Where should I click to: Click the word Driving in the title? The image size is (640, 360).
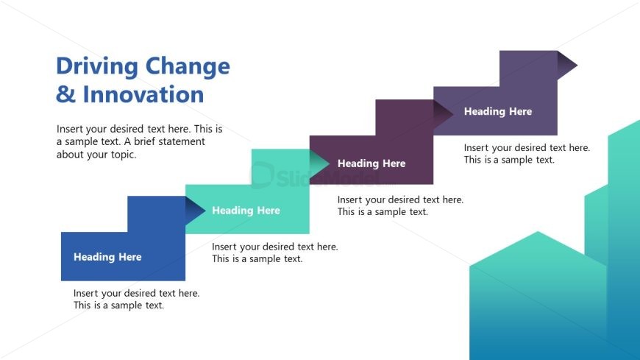[97, 67]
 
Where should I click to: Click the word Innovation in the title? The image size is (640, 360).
[143, 94]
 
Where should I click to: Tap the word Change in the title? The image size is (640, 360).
[188, 67]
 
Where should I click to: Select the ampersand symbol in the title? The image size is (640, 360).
[65, 94]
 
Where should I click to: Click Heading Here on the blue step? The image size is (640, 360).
[107, 257]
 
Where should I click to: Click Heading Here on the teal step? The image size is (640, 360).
[246, 211]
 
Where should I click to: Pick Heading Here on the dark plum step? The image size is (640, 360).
[371, 163]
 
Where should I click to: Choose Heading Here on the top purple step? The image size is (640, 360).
[497, 112]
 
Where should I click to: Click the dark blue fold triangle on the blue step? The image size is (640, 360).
[194, 211]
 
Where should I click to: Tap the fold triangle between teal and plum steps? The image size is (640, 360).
[319, 163]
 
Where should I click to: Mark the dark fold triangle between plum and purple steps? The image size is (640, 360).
[443, 113]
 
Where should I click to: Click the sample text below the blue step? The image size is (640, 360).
[136, 299]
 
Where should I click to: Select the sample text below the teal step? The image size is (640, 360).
[274, 253]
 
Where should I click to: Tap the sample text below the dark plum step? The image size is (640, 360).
[400, 205]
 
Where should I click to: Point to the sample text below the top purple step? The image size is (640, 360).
[527, 153]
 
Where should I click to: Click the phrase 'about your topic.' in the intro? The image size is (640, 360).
[96, 155]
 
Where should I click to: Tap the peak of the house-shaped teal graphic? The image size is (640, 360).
[538, 233]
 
